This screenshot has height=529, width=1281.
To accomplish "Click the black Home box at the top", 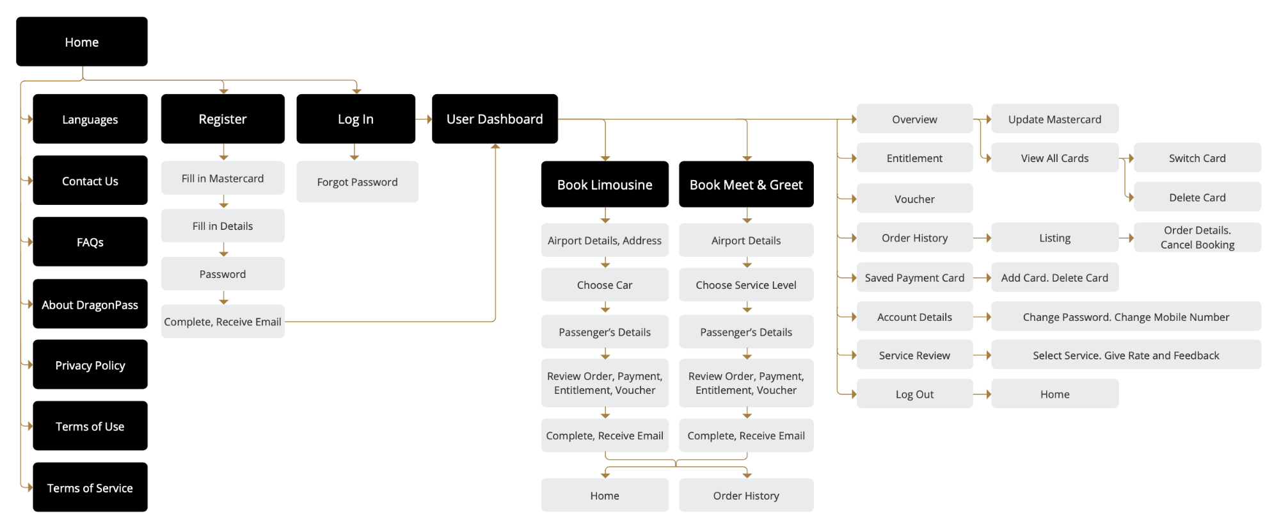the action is click(x=82, y=42).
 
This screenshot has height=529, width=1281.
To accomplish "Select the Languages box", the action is click(x=90, y=119).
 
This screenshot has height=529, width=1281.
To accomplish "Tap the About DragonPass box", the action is click(x=90, y=304).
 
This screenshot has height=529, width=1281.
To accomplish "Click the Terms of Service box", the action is click(x=90, y=487).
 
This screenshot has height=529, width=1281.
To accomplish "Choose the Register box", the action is click(x=223, y=119).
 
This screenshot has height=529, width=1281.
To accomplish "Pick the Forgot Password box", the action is click(x=357, y=182).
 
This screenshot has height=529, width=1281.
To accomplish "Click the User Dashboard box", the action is click(x=495, y=119).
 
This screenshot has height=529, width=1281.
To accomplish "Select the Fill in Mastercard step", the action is click(x=223, y=178).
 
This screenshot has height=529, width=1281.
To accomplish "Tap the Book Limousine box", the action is click(x=605, y=184).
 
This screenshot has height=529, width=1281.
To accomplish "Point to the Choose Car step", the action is click(x=605, y=285).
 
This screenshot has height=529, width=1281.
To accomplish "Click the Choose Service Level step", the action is click(x=746, y=285).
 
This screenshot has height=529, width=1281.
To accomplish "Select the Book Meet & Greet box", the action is click(x=746, y=184).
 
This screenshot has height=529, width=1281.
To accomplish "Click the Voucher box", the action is click(x=914, y=199).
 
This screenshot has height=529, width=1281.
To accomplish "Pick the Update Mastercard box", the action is click(x=1054, y=119).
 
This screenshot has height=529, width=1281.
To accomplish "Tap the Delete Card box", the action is click(x=1197, y=197).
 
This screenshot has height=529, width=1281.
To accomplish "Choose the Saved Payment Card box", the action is click(x=914, y=277).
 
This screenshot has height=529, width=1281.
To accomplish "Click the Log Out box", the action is click(x=914, y=394).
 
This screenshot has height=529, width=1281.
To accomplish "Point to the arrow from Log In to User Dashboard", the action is click(x=424, y=119).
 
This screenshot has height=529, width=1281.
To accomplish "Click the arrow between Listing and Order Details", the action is click(x=1127, y=238).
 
